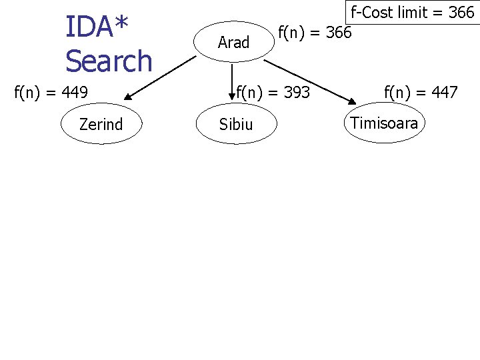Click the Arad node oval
click(x=233, y=43)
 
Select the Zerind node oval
click(x=101, y=124)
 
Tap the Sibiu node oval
click(x=236, y=124)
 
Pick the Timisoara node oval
click(x=384, y=123)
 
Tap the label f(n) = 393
click(x=273, y=92)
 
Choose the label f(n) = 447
click(x=421, y=92)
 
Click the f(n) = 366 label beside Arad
click(x=315, y=31)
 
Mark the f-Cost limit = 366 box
click(x=412, y=12)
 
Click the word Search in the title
click(x=109, y=61)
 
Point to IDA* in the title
click(x=96, y=27)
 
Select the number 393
click(x=297, y=92)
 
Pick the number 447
click(x=445, y=92)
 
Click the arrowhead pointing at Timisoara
click(x=352, y=100)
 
